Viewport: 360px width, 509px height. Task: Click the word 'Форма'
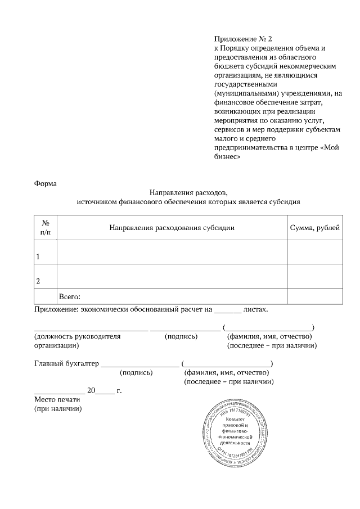[46, 183]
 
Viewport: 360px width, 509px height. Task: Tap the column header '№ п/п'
[46, 227]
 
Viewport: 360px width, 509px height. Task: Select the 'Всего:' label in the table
[71, 296]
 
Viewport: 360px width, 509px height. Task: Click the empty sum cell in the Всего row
[314, 296]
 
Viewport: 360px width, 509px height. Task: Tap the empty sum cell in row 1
[314, 251]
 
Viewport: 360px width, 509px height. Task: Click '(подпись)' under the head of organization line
[181, 336]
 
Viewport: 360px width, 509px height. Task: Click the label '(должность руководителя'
[78, 336]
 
